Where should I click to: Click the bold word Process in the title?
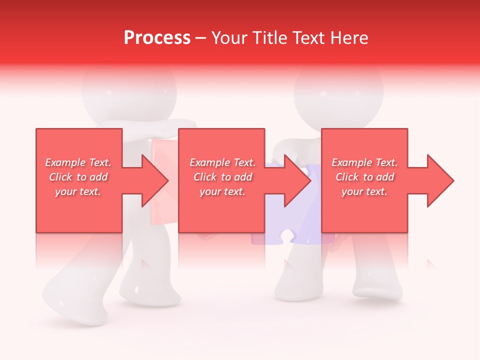tap(157, 38)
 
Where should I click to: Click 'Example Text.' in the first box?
tap(78, 162)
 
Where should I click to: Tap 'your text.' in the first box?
tap(78, 191)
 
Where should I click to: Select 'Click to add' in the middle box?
tap(222, 177)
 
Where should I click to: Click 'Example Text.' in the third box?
tap(364, 162)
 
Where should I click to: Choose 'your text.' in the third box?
tap(364, 191)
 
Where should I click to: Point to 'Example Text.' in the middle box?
tap(222, 162)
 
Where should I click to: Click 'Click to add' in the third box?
tap(364, 177)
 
